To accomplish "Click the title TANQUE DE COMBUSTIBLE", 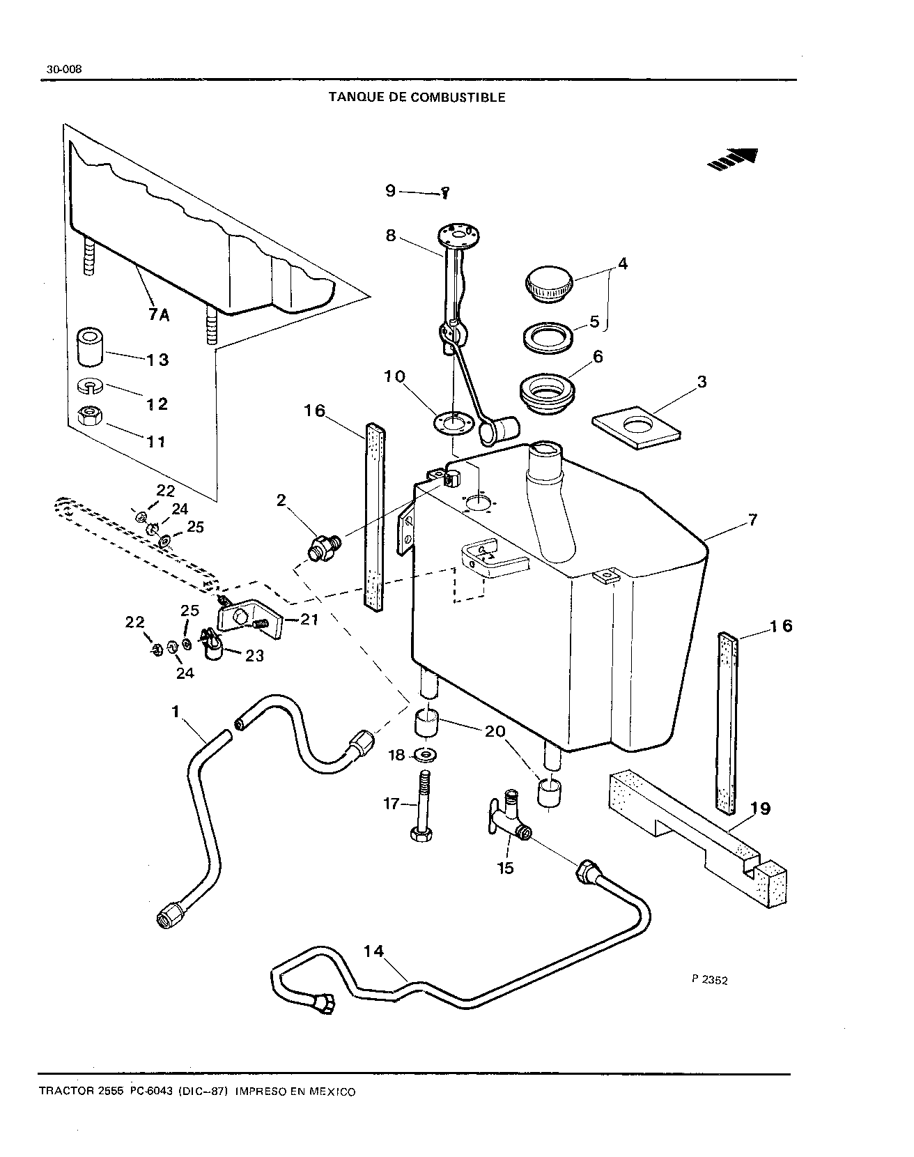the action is click(x=417, y=98).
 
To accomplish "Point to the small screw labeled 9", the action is click(x=444, y=195).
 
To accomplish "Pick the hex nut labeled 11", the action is click(x=89, y=417).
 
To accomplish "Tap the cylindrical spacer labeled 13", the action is click(x=91, y=346).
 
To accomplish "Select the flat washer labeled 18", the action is click(x=426, y=754).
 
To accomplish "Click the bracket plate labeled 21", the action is click(x=249, y=617).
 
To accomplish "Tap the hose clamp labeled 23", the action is click(x=210, y=645).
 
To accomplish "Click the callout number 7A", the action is click(x=159, y=315).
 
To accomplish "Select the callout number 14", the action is click(x=373, y=951).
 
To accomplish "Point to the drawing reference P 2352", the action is click(x=710, y=979).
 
